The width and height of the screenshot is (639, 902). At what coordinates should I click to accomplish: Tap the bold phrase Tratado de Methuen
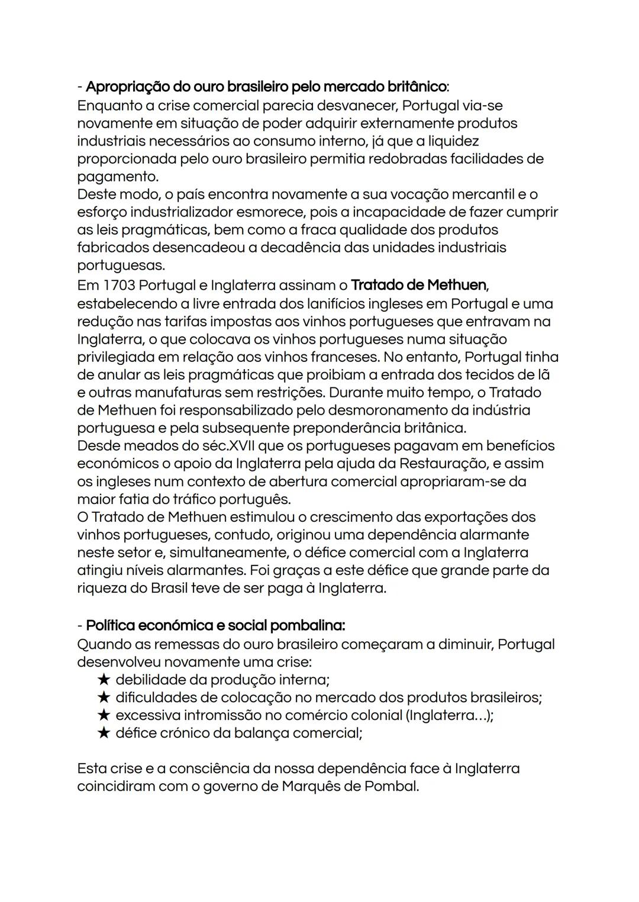tap(419, 285)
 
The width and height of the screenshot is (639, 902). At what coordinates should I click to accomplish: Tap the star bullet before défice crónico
tap(104, 733)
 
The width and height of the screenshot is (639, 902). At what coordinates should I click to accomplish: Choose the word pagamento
tap(118, 176)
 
